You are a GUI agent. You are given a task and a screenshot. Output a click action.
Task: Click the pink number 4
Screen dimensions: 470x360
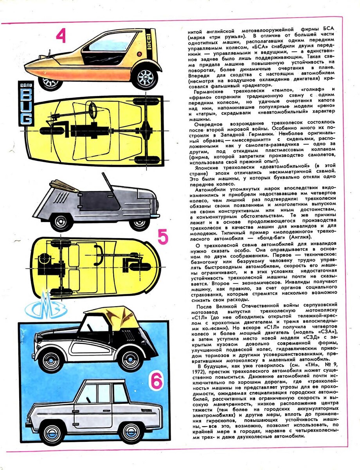61,36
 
